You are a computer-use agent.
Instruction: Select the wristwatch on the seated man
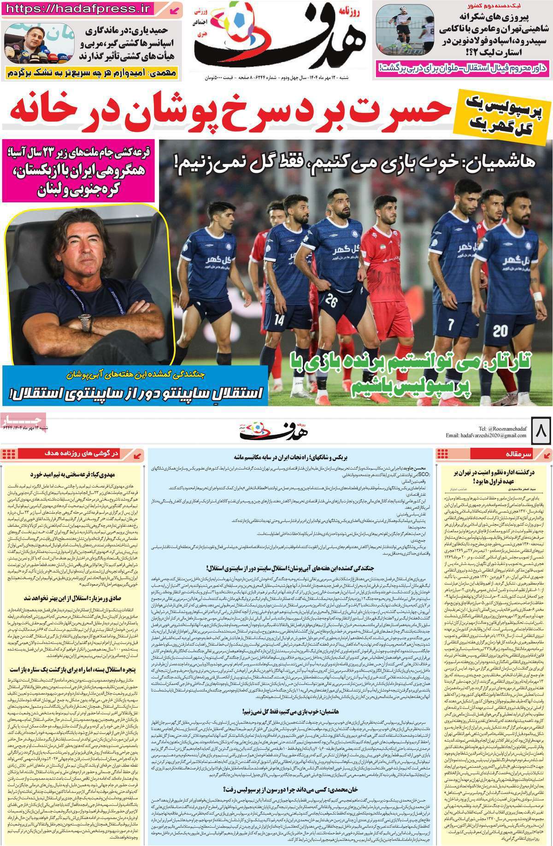(86, 323)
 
